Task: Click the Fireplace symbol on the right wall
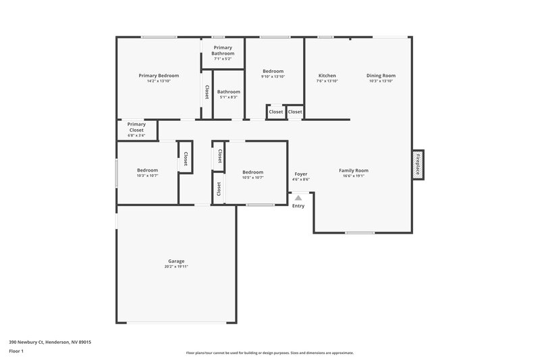coord(418,163)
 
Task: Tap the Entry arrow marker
coord(298,198)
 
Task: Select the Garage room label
coord(176,261)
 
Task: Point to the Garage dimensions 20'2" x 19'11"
coord(176,267)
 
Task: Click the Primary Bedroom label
coord(159,75)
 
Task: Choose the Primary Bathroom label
coord(223,51)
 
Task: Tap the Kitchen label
coord(327,75)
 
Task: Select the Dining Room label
coord(381,75)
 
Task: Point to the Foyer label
coord(300,174)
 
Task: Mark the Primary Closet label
coord(136,127)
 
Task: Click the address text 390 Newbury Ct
coord(50,342)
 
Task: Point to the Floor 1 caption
coord(16,351)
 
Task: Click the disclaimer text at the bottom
coord(269,353)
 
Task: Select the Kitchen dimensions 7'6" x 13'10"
coord(327,81)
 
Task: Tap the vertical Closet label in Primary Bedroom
coord(207,93)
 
